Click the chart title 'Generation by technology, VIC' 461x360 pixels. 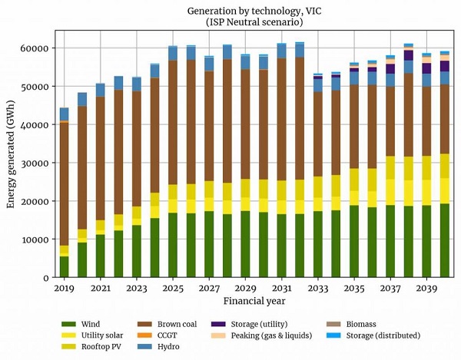pos(245,11)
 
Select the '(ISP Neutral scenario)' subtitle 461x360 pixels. pos(245,22)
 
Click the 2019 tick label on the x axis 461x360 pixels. pos(65,288)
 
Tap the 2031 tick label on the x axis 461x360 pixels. pos(281,288)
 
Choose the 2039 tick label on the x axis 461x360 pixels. pos(426,288)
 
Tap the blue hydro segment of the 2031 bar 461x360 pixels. pos(281,51)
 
